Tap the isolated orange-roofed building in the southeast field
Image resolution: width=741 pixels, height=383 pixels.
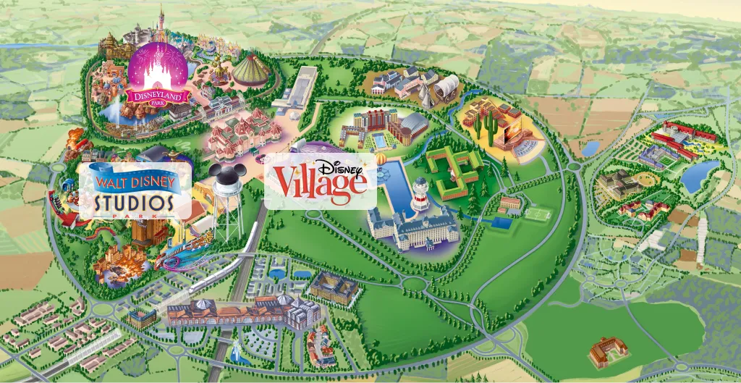coord(606,353)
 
